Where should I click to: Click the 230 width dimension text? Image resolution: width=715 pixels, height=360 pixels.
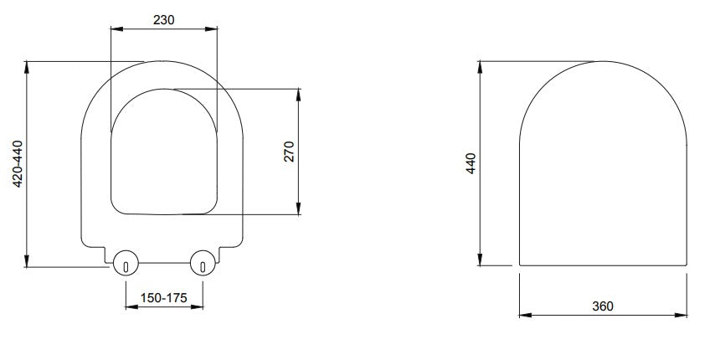(x=164, y=20)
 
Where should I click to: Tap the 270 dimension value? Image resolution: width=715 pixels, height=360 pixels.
(x=289, y=152)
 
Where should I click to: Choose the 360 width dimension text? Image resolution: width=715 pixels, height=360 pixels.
(x=602, y=306)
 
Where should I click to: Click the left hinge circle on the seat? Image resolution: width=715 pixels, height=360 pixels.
(x=126, y=264)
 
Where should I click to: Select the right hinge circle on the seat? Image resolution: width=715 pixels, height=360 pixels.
(x=203, y=264)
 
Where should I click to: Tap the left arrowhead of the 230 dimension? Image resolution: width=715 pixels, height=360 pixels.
(x=116, y=31)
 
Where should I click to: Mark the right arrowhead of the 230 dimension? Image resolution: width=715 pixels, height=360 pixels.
(x=213, y=31)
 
